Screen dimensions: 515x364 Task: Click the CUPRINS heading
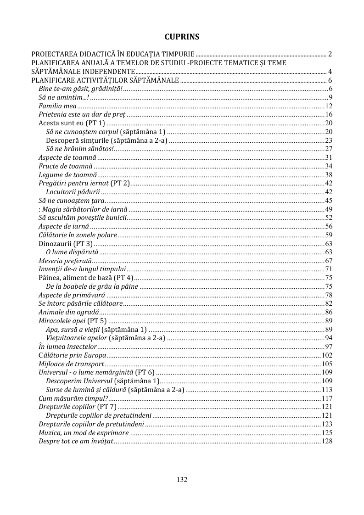[x=182, y=36]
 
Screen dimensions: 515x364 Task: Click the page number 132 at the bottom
[x=182, y=480]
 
